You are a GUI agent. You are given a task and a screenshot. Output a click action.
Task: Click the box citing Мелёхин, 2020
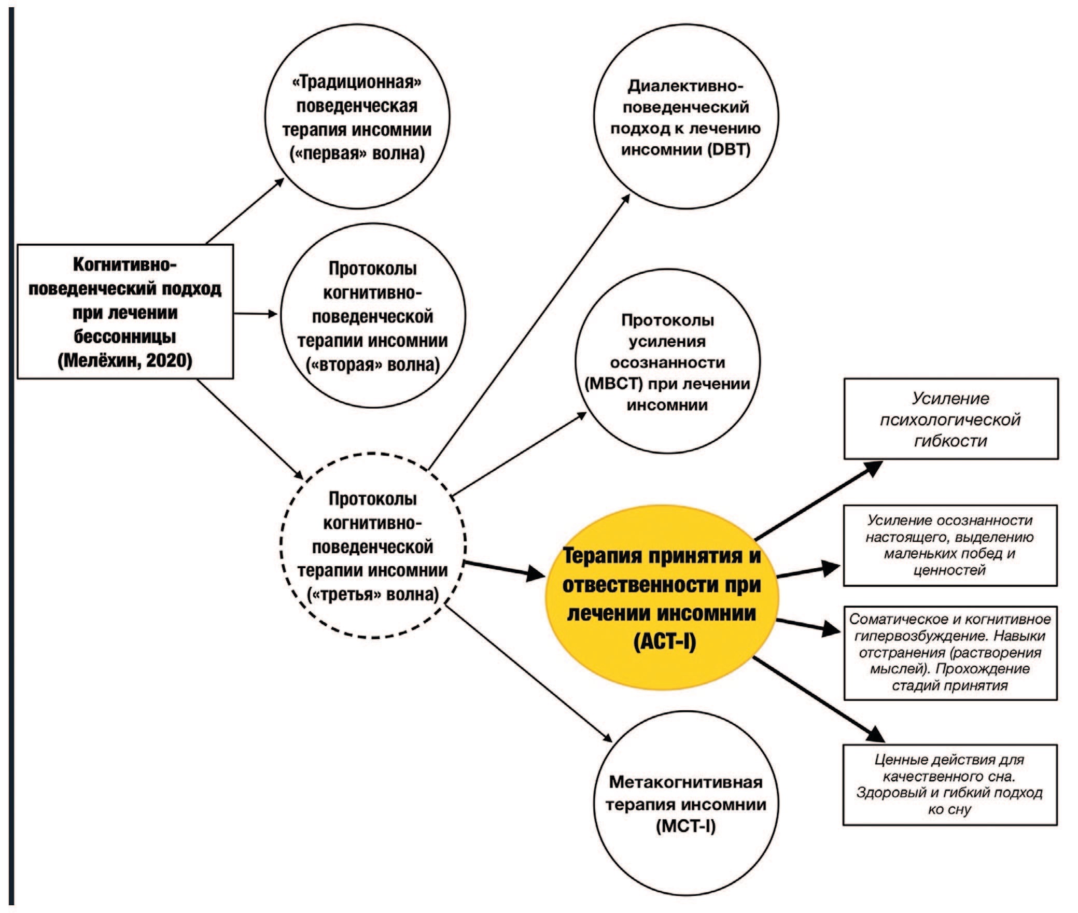tap(125, 312)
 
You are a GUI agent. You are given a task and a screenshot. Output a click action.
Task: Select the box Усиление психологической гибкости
tap(950, 419)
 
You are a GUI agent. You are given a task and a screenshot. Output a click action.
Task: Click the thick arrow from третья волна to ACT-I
tap(503, 569)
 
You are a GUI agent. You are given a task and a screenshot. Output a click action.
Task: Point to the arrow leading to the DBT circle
tap(529, 332)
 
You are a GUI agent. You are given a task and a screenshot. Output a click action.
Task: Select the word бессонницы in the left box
tap(125, 336)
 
